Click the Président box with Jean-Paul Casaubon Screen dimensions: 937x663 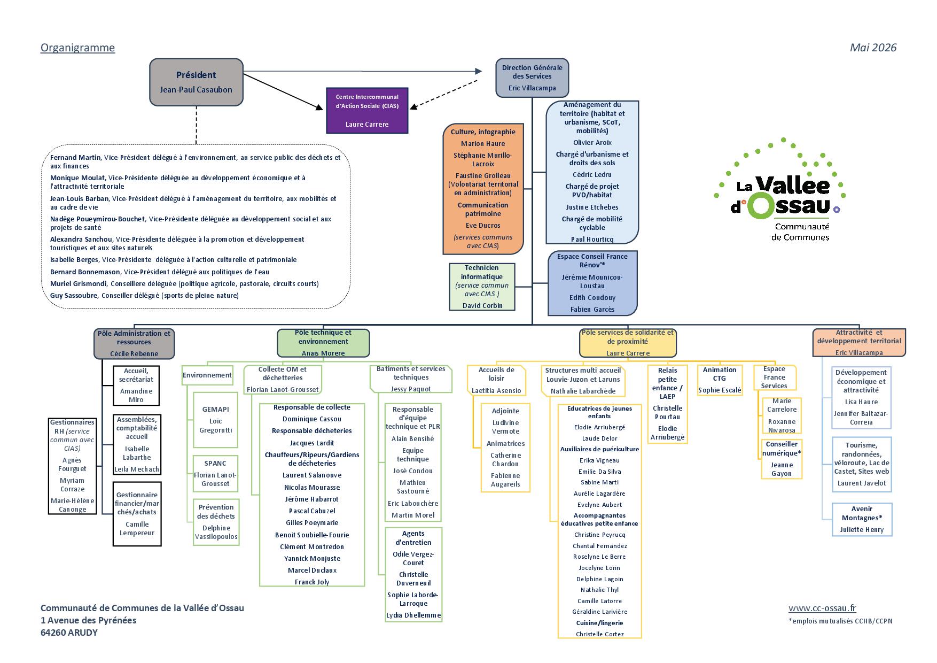[x=196, y=82]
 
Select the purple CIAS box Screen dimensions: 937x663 [x=367, y=110]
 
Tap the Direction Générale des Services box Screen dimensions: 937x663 [x=532, y=78]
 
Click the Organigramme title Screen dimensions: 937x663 [x=77, y=48]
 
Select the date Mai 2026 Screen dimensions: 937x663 [x=873, y=48]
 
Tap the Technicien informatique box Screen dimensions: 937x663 [x=482, y=287]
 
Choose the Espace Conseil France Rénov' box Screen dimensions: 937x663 [x=592, y=283]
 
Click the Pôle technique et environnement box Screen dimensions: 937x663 [x=323, y=343]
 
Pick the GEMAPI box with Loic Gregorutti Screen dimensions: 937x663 [x=215, y=420]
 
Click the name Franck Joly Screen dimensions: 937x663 [x=312, y=582]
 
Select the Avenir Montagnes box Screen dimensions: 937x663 [x=862, y=519]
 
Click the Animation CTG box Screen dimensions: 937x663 [x=720, y=380]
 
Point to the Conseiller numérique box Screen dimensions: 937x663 [x=782, y=459]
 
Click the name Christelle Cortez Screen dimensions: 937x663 [x=600, y=634]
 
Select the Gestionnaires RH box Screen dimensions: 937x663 [x=72, y=466]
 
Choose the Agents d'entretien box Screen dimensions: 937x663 [x=413, y=574]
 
